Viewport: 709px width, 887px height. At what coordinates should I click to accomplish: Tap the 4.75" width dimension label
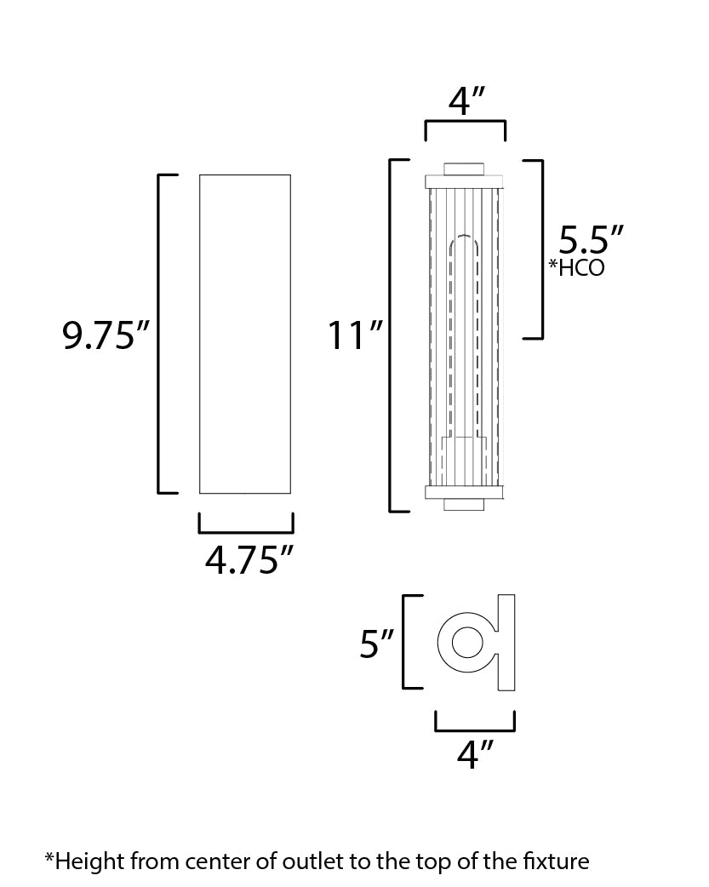pyautogui.click(x=249, y=560)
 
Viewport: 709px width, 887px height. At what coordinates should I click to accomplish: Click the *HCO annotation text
pyautogui.click(x=577, y=267)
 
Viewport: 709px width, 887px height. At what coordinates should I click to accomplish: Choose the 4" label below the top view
pyautogui.click(x=475, y=754)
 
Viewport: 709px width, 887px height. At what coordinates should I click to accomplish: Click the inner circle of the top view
pyautogui.click(x=467, y=642)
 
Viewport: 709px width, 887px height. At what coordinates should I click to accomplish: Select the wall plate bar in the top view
pyautogui.click(x=506, y=643)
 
